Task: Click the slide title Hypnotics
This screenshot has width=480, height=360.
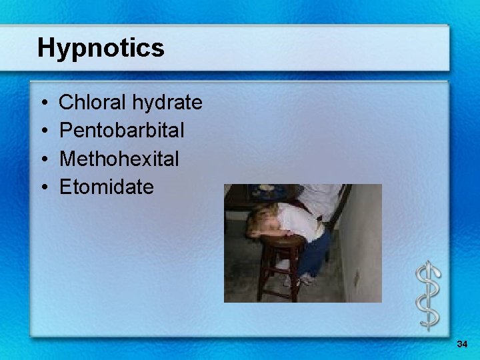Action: point(101,48)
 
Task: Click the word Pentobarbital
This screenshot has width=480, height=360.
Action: point(122,131)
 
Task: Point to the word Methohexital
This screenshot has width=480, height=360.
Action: point(119,159)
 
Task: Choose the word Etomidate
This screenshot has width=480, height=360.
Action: point(107,187)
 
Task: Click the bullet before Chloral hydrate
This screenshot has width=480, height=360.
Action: point(43,103)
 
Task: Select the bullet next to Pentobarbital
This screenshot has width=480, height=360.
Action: point(43,131)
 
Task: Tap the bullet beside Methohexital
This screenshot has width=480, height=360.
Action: point(43,159)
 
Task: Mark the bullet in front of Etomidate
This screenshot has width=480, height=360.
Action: point(43,187)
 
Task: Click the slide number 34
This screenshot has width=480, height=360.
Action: point(462,344)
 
